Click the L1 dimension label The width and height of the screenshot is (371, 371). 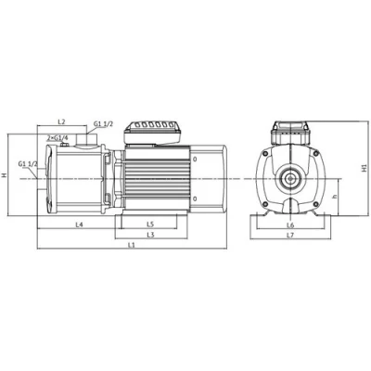click(132, 245)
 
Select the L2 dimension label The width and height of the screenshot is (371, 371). click(61, 122)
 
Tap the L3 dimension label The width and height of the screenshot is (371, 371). click(150, 235)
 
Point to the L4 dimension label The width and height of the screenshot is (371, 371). click(80, 225)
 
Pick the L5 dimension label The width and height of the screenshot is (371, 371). click(150, 224)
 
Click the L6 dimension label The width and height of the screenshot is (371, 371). click(290, 224)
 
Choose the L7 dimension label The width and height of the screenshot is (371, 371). click(290, 235)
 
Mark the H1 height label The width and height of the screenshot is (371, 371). click(365, 168)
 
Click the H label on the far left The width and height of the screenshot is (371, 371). click(4, 175)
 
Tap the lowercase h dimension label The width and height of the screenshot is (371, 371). click(335, 197)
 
